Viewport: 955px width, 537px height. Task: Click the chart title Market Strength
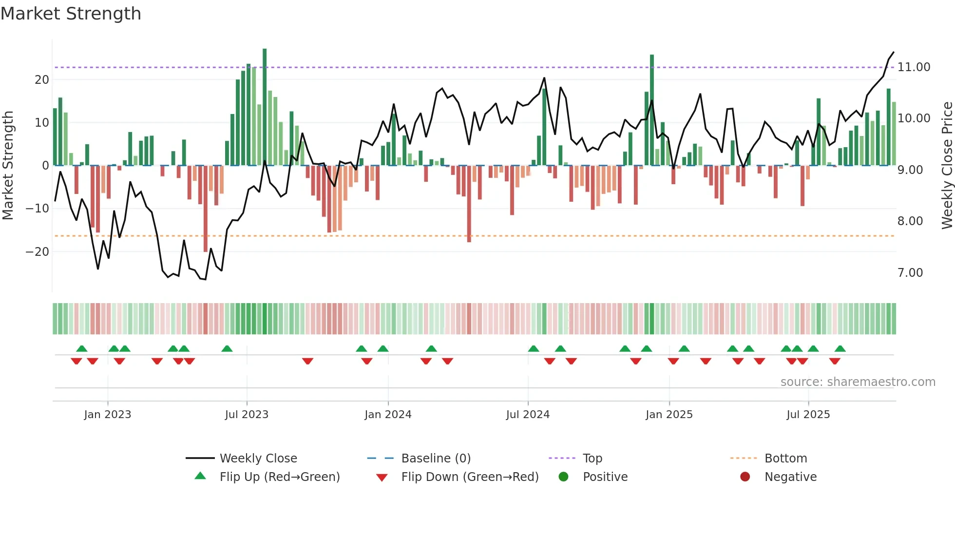(71, 14)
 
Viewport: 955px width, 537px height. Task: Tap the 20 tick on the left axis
(42, 79)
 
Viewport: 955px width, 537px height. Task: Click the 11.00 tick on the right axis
(914, 67)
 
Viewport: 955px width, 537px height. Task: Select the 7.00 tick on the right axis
(910, 272)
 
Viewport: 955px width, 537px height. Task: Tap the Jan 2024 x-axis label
(388, 414)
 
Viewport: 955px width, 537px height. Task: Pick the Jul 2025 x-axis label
(808, 414)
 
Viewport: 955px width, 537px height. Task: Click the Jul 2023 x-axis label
(247, 414)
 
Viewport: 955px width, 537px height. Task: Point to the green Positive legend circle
(564, 477)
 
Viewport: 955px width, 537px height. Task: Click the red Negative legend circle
(745, 477)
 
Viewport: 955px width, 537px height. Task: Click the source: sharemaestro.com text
(858, 382)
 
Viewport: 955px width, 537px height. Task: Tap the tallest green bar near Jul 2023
(265, 107)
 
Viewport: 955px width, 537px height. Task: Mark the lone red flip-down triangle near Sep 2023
(307, 361)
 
